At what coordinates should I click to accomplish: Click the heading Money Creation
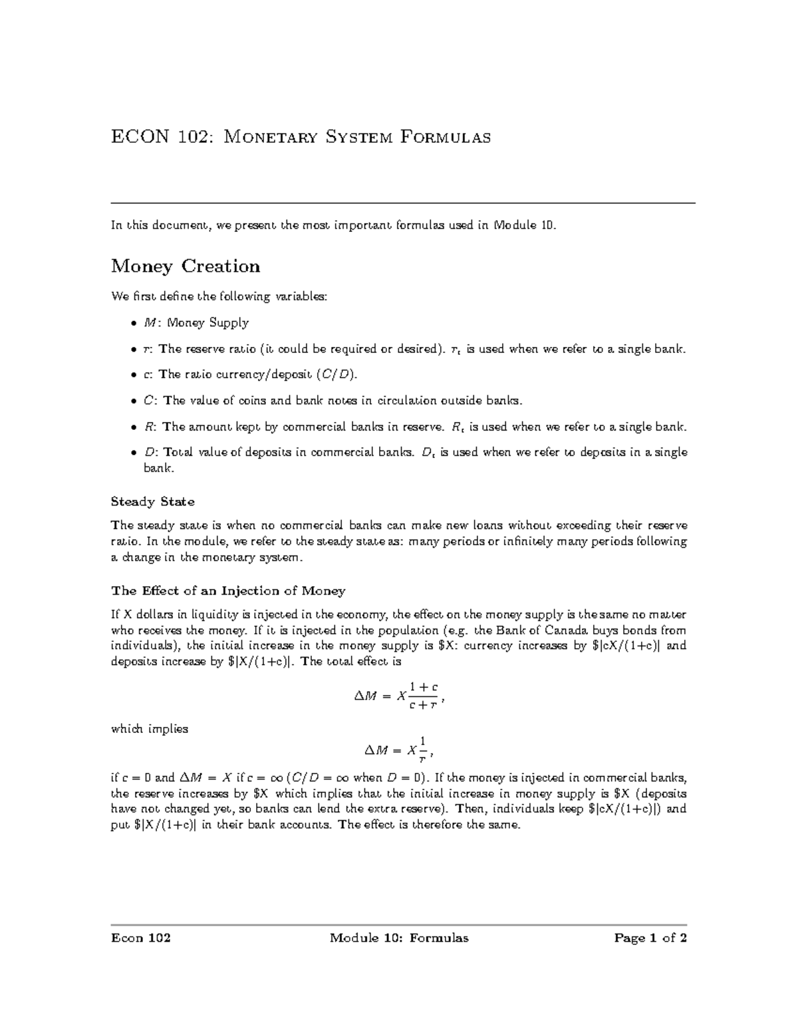tap(186, 266)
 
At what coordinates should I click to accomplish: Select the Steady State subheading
tap(152, 501)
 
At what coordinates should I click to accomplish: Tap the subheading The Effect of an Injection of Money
tap(228, 591)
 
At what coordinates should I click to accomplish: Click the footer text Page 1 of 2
tap(650, 938)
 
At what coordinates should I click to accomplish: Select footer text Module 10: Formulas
tap(399, 938)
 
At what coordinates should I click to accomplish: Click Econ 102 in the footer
tap(140, 938)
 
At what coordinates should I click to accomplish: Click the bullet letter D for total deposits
tap(150, 453)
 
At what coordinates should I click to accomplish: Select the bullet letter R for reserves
tap(150, 427)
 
